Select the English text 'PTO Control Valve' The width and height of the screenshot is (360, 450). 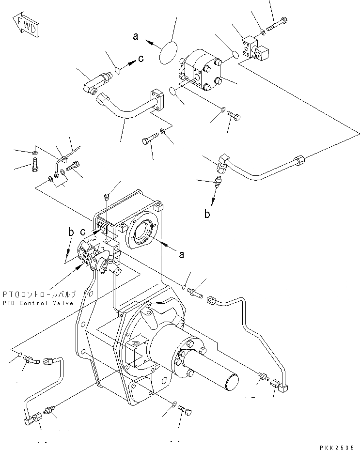(38, 303)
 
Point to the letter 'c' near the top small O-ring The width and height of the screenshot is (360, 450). (141, 59)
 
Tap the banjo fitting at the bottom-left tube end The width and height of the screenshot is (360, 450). (33, 416)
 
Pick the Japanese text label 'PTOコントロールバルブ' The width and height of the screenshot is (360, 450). (38, 294)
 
